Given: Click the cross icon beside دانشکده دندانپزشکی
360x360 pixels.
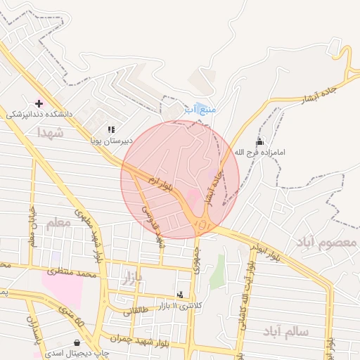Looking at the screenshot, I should [39, 103].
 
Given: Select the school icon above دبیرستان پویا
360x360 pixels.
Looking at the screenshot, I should [111, 129].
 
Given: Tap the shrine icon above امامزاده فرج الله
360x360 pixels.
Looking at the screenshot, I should [260, 141].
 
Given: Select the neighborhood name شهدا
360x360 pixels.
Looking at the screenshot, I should [50, 132].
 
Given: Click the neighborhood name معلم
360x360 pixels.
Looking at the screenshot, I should [58, 224].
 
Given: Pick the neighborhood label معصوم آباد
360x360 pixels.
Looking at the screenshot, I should [326, 243].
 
